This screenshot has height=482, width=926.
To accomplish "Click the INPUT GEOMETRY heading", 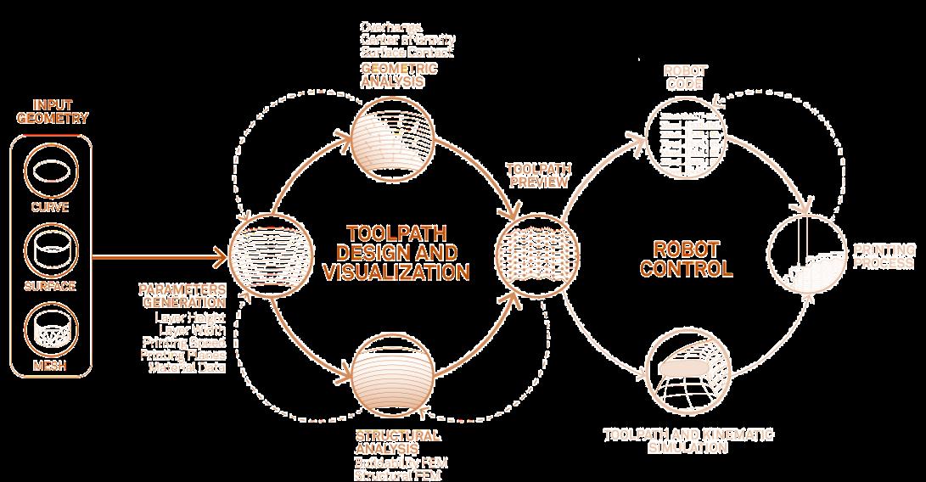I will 48,112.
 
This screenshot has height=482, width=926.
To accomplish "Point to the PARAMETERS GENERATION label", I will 182,295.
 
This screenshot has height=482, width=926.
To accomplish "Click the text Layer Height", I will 191,317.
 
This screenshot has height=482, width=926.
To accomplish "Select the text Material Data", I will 188,367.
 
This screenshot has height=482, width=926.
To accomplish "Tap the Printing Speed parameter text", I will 190,342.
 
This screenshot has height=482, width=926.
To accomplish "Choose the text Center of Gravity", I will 407,39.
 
